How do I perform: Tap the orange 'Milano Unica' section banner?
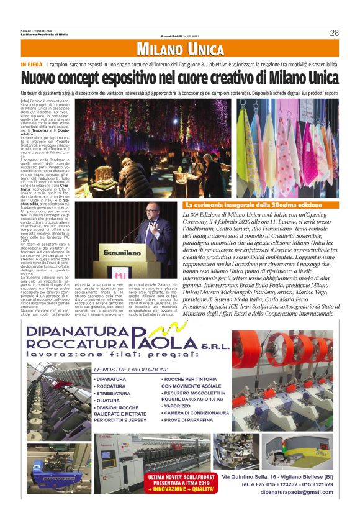180,49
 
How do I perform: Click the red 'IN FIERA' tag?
31,65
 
